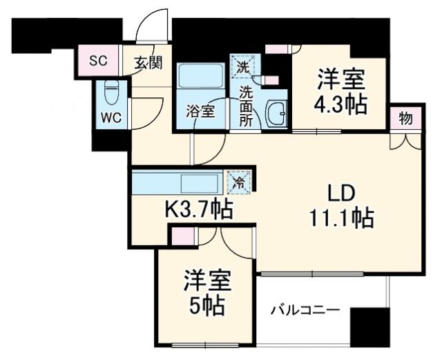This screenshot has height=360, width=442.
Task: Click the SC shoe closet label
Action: click(98, 60)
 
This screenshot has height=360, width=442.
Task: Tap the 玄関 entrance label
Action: click(148, 62)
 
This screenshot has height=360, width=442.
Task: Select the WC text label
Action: click(112, 117)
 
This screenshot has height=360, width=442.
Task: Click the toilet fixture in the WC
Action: click(112, 92)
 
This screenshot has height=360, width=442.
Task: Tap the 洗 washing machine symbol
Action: click(242, 66)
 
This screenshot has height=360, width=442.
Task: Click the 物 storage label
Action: click(405, 117)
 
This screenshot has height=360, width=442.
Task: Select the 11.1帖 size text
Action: click(340, 220)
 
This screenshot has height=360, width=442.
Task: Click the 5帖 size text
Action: click(206, 305)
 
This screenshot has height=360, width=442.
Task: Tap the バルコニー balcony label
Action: click(305, 310)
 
